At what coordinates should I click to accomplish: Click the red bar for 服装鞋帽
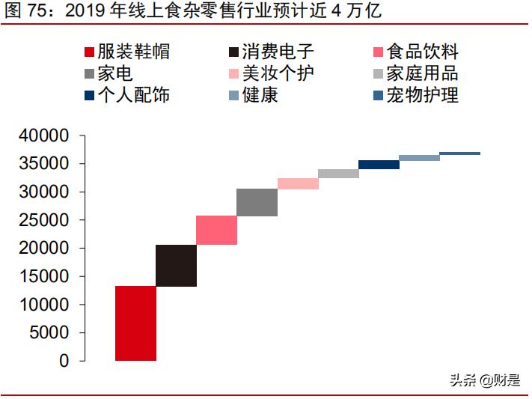135,323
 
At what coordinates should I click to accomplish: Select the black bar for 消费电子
176,265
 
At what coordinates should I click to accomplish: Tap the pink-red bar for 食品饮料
217,230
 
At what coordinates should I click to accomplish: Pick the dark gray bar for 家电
257,202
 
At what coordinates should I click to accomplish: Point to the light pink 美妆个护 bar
298,183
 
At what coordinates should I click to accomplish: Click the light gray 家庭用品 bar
338,174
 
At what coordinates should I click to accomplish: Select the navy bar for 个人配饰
379,165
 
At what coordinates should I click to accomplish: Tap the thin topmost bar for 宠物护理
459,153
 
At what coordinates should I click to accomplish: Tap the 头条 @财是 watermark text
484,380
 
